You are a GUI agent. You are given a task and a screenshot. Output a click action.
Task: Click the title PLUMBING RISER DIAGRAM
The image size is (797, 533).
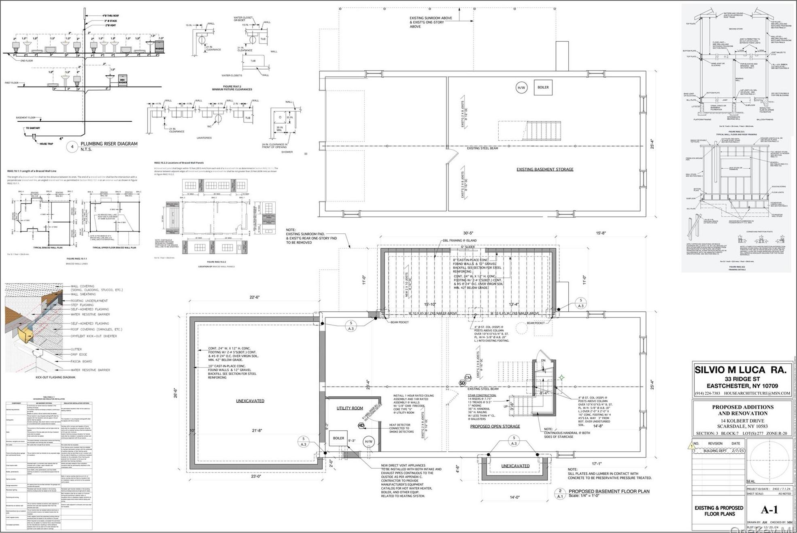coord(109,144)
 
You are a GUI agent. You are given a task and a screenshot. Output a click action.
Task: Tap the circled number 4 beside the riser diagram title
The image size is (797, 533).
coord(72,146)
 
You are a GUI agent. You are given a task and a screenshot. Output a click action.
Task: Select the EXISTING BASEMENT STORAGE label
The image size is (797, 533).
coord(544,169)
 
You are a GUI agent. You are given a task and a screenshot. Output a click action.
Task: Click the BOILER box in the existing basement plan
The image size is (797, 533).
coord(543,87)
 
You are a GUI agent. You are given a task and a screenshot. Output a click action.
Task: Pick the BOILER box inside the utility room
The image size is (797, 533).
coord(338,438)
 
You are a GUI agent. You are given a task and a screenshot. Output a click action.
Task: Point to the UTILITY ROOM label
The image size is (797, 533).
coord(350,408)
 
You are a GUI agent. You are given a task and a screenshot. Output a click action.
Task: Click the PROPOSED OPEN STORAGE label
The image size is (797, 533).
coord(495,426)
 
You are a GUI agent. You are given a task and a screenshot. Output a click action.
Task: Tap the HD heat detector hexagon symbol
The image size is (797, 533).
coord(361,425)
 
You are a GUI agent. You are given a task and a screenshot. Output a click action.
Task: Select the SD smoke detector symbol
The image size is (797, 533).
coord(462,383)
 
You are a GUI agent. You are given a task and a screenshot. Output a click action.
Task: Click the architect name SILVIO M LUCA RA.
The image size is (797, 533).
coord(740,370)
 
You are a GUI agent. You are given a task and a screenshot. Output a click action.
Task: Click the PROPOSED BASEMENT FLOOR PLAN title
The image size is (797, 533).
coord(609,491)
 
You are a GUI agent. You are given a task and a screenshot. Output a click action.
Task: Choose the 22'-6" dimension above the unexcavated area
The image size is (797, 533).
coord(254,297)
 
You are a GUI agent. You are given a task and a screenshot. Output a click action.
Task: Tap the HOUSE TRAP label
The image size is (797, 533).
coord(46,144)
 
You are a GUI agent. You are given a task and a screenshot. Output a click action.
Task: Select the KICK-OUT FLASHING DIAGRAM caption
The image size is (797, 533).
coord(55,377)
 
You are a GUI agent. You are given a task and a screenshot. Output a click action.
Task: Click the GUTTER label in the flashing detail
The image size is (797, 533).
coord(76,349)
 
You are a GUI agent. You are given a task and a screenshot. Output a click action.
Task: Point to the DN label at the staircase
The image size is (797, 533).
coord(543,360)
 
